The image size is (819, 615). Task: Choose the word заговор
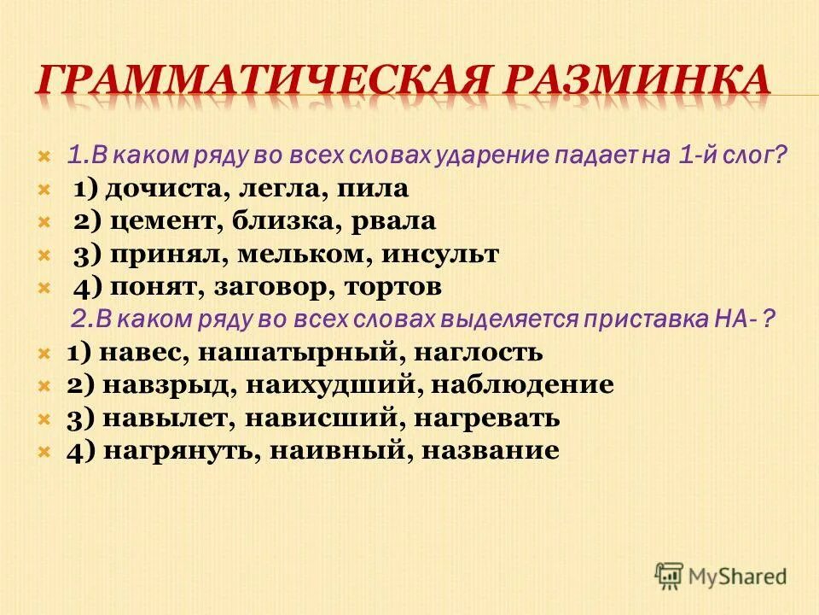tap(288, 287)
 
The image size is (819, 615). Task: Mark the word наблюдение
tap(522, 385)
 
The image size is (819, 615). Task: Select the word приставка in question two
tap(644, 319)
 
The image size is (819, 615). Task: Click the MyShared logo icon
tap(670, 574)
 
